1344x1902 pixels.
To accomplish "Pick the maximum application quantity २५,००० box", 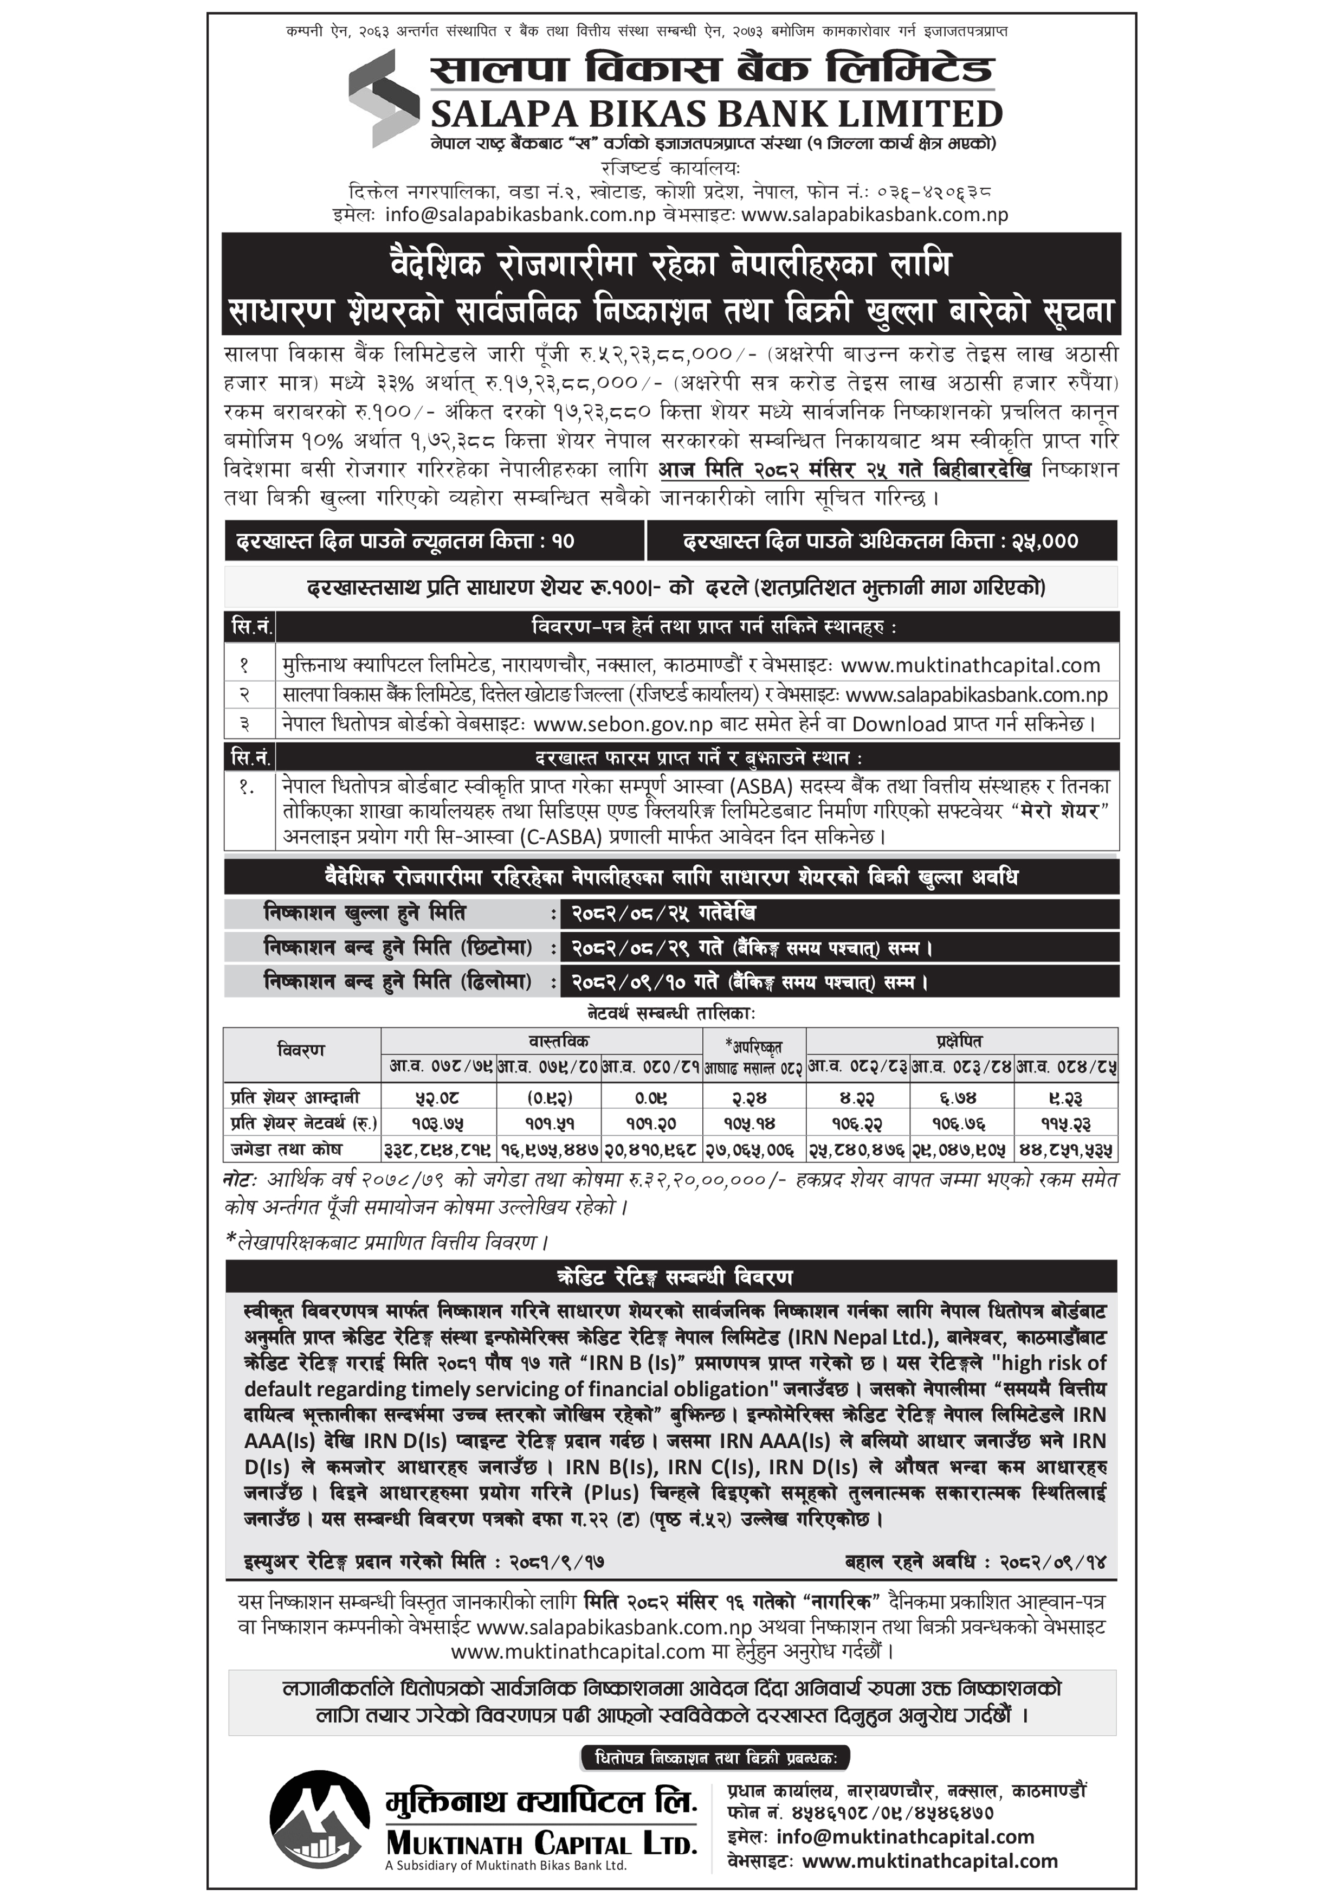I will click(881, 541).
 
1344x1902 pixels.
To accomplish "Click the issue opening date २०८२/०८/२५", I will click(629, 914).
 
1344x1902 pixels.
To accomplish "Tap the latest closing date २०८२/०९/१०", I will click(629, 982).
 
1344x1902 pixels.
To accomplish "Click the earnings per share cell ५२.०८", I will click(437, 1097).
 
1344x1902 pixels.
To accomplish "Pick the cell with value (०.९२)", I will click(549, 1097).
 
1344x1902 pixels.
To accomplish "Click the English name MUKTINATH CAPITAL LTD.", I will click(541, 1843).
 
